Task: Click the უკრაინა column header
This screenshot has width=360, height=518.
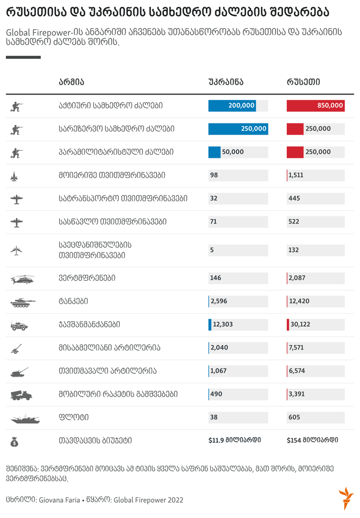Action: pos(226,82)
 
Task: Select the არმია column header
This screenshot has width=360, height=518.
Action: pos(71,82)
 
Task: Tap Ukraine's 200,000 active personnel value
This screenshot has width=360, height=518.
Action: pos(241,106)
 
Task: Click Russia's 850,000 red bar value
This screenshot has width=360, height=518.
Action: pos(330,106)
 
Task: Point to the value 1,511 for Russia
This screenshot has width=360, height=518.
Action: pos(296,176)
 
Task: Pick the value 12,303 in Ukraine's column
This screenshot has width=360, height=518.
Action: pos(223,324)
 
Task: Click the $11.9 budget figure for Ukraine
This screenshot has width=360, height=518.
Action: pos(235,440)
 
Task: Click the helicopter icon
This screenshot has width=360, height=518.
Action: pos(22,279)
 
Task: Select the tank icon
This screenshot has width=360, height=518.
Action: pos(22,302)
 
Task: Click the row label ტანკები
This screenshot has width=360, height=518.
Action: pos(73,301)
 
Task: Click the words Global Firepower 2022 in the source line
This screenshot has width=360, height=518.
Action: pos(149,500)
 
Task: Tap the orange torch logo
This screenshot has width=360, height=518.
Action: pos(345,498)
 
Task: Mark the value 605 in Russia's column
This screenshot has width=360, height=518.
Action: pos(294,417)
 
